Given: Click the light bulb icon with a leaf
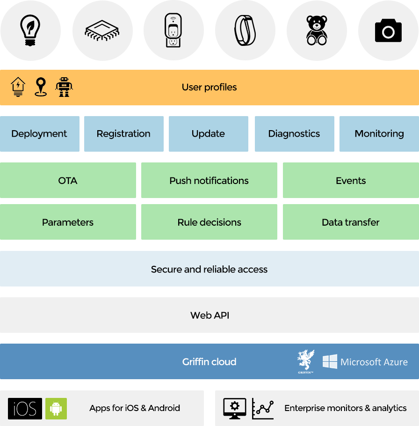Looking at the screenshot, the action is pyautogui.click(x=30, y=30).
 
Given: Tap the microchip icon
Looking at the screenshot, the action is pyautogui.click(x=102, y=30).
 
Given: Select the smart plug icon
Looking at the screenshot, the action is pyautogui.click(x=173, y=30).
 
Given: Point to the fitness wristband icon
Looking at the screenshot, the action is pyautogui.click(x=245, y=30).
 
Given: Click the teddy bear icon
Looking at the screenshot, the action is pyautogui.click(x=317, y=30).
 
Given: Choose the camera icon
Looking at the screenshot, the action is pyautogui.click(x=388, y=30).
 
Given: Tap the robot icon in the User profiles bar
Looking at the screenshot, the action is pyautogui.click(x=64, y=87).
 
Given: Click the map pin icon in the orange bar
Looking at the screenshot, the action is pyautogui.click(x=41, y=87).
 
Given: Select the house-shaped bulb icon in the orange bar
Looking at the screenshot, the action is pyautogui.click(x=18, y=87).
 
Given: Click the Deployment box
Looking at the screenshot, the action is pyautogui.click(x=40, y=134).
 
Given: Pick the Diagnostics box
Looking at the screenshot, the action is pyautogui.click(x=295, y=134).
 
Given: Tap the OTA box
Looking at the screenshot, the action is pyautogui.click(x=68, y=180).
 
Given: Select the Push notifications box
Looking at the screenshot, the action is pyautogui.click(x=209, y=180).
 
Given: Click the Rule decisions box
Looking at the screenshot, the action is pyautogui.click(x=209, y=222).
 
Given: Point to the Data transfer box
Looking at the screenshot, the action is pyautogui.click(x=351, y=222).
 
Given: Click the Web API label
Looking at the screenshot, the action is pyautogui.click(x=210, y=315).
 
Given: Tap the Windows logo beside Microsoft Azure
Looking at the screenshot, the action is pyautogui.click(x=330, y=361).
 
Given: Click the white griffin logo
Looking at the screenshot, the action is pyautogui.click(x=306, y=361).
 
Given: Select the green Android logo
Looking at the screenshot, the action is pyautogui.click(x=56, y=409).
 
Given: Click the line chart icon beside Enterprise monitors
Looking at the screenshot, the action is pyautogui.click(x=263, y=409).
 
